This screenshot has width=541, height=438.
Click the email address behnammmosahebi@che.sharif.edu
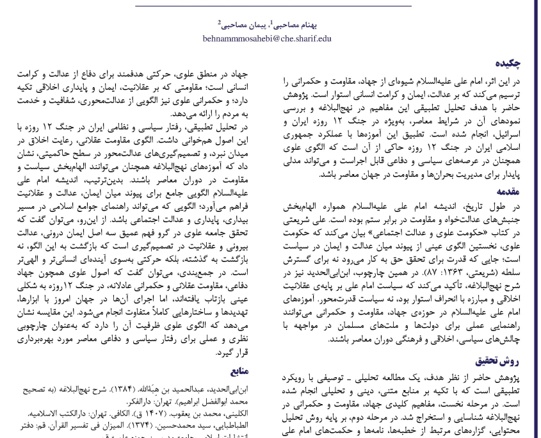tap(275, 38)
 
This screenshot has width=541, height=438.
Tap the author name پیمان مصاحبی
tap(243, 25)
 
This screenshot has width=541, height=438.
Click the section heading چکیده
tap(508, 63)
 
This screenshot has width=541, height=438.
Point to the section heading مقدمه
tap(508, 191)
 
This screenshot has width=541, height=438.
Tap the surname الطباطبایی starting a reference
tap(229, 425)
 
